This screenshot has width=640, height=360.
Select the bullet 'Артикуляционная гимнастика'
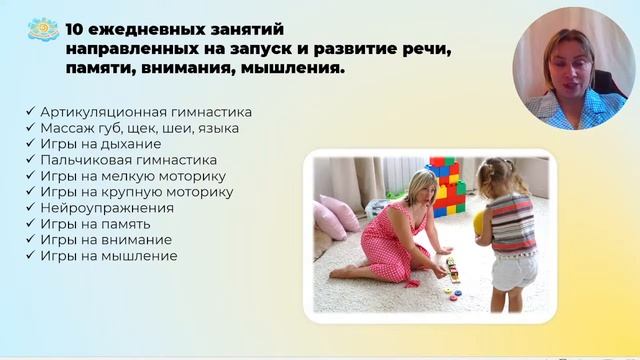click(146, 112)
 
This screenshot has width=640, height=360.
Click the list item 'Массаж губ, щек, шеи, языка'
click(139, 128)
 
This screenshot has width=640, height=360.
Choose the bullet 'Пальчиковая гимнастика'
click(129, 160)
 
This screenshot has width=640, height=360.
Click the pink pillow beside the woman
click(337, 212)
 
